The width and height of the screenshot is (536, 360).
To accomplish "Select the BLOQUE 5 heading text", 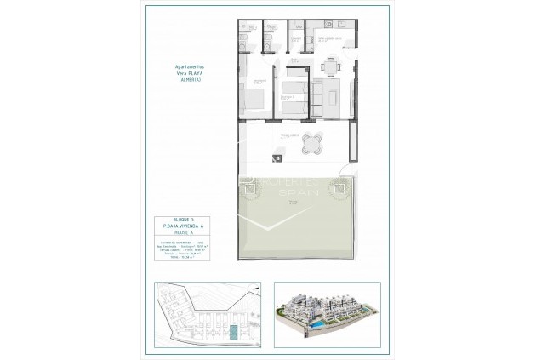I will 186,220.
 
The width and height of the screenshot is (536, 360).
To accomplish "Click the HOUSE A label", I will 186,232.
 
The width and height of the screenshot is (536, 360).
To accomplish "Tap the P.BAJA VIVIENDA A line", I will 186,226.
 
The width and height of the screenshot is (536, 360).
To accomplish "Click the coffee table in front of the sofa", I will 332,99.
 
